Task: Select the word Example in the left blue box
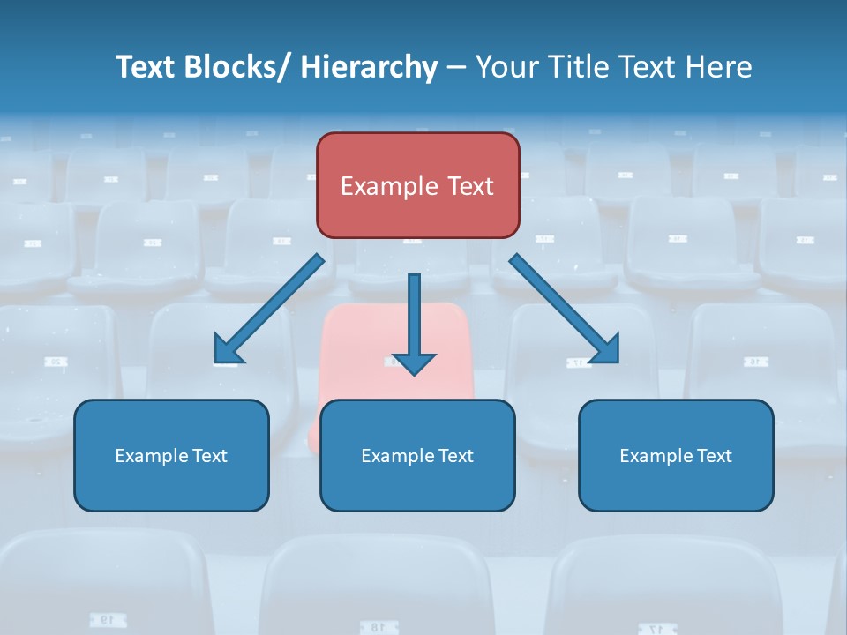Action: (151, 456)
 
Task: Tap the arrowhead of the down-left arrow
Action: (228, 350)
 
